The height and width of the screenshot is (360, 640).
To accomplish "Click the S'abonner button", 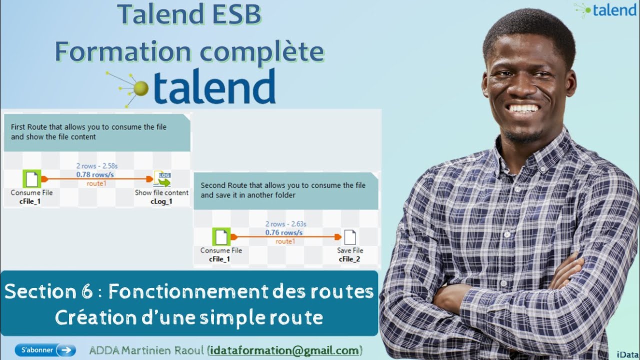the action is coord(45,350).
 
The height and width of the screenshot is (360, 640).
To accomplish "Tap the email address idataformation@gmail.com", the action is coord(284,350).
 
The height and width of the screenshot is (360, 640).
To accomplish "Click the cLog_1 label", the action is coord(161,201).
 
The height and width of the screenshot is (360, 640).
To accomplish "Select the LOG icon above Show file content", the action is coord(162,178).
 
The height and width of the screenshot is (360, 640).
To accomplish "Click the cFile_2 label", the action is coord(349,259).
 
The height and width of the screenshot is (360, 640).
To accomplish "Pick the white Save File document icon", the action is coord(350,237).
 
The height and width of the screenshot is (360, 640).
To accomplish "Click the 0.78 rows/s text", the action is coord(95,174).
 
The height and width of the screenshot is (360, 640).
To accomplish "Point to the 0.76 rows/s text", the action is coord(284,232).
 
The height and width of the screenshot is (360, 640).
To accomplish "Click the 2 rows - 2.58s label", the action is coord(97,165).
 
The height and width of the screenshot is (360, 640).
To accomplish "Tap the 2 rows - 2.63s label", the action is coord(285,224).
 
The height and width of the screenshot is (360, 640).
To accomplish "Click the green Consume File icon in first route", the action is coord(31,179).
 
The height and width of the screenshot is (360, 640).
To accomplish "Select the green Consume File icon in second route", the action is coord(221,237).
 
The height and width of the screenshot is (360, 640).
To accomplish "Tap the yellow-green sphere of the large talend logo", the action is coord(141,88).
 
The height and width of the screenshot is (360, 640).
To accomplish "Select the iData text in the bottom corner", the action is coord(628,354).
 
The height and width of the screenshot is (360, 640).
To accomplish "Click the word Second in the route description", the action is coord(212,185).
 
